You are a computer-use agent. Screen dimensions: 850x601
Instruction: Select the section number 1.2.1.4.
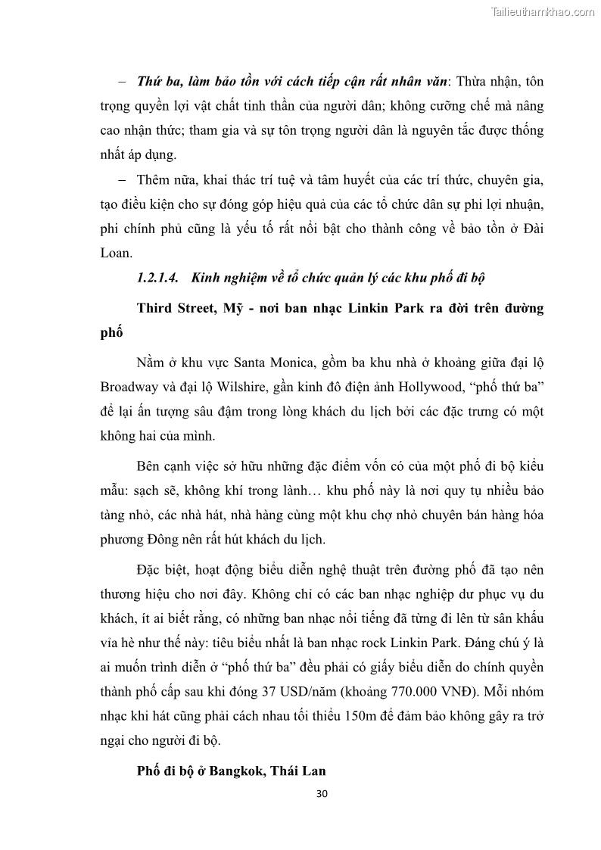(157, 278)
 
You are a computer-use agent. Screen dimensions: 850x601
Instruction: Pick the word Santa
(251, 360)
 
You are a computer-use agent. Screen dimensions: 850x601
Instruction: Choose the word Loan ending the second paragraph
(116, 254)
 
